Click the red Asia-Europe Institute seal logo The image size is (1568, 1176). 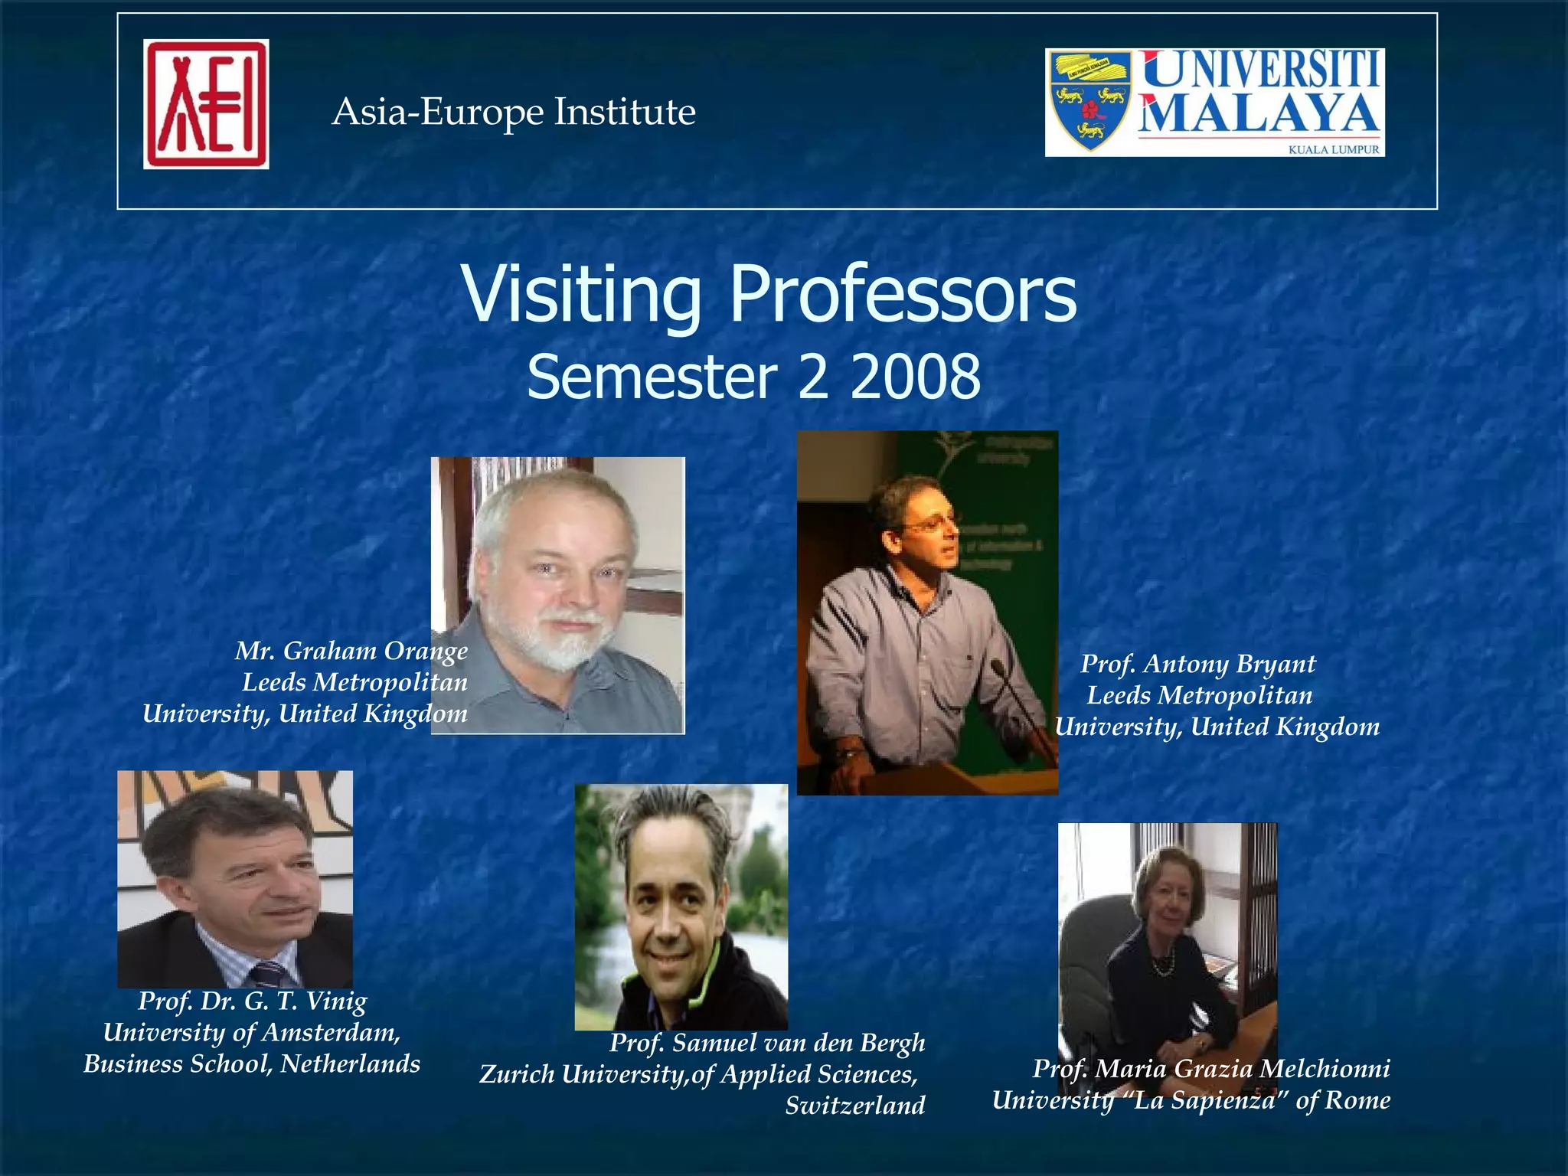(206, 104)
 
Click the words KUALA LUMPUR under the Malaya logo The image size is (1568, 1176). (1333, 149)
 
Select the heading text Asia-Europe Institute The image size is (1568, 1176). (514, 112)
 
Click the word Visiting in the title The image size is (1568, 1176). (581, 294)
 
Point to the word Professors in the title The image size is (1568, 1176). (903, 294)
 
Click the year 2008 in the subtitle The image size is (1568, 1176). (915, 377)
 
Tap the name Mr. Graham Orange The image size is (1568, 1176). (351, 651)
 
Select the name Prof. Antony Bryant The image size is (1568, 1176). (1197, 664)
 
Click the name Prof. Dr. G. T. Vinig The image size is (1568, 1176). (253, 1001)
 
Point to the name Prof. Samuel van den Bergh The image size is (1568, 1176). (767, 1043)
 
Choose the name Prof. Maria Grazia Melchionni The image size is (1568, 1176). (1211, 1068)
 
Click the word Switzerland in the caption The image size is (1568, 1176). (855, 1106)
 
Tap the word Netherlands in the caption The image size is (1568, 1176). (350, 1063)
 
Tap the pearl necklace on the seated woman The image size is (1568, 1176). (1163, 964)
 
